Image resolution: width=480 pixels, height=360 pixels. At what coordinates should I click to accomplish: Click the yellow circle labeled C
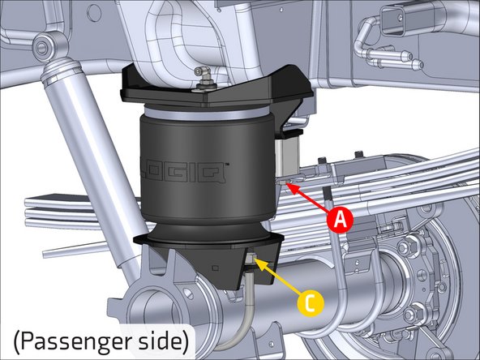click(310, 302)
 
